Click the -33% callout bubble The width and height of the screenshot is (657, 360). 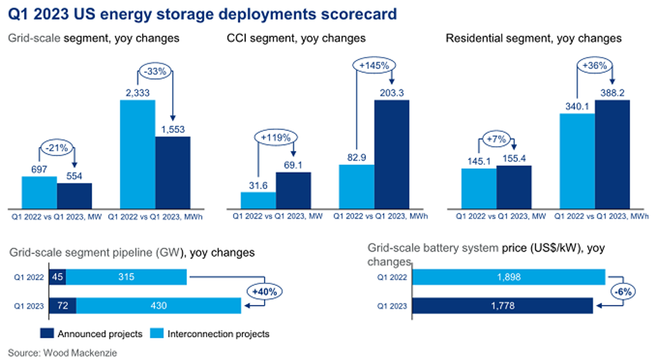tap(155, 71)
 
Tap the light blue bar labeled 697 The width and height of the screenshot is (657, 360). tap(39, 192)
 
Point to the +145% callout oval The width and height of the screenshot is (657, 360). tap(374, 66)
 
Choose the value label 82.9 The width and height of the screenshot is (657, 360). tap(357, 157)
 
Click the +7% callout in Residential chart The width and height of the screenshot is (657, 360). tap(496, 139)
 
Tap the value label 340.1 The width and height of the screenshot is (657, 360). tap(577, 106)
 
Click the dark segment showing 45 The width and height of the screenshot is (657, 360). tap(57, 277)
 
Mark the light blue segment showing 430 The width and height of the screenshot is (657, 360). tap(158, 306)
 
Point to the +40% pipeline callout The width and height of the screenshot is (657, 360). tap(265, 292)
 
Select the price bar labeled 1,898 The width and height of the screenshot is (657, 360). tap(508, 277)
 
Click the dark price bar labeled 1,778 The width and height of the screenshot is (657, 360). tap(502, 306)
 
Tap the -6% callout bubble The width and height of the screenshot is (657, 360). tap(623, 292)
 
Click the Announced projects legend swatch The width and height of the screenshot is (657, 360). tap(47, 333)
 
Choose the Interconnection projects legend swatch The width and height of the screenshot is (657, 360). tap(157, 333)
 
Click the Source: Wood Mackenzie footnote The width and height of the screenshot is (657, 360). tap(62, 353)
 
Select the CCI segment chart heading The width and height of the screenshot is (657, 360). tap(296, 38)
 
